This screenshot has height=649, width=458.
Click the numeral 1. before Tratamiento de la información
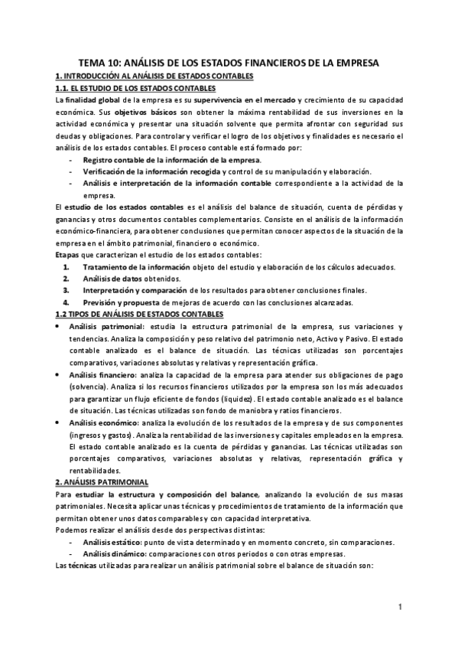click(67, 266)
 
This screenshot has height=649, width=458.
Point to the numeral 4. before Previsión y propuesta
click(67, 302)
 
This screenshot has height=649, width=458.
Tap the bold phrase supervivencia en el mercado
click(244, 99)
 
